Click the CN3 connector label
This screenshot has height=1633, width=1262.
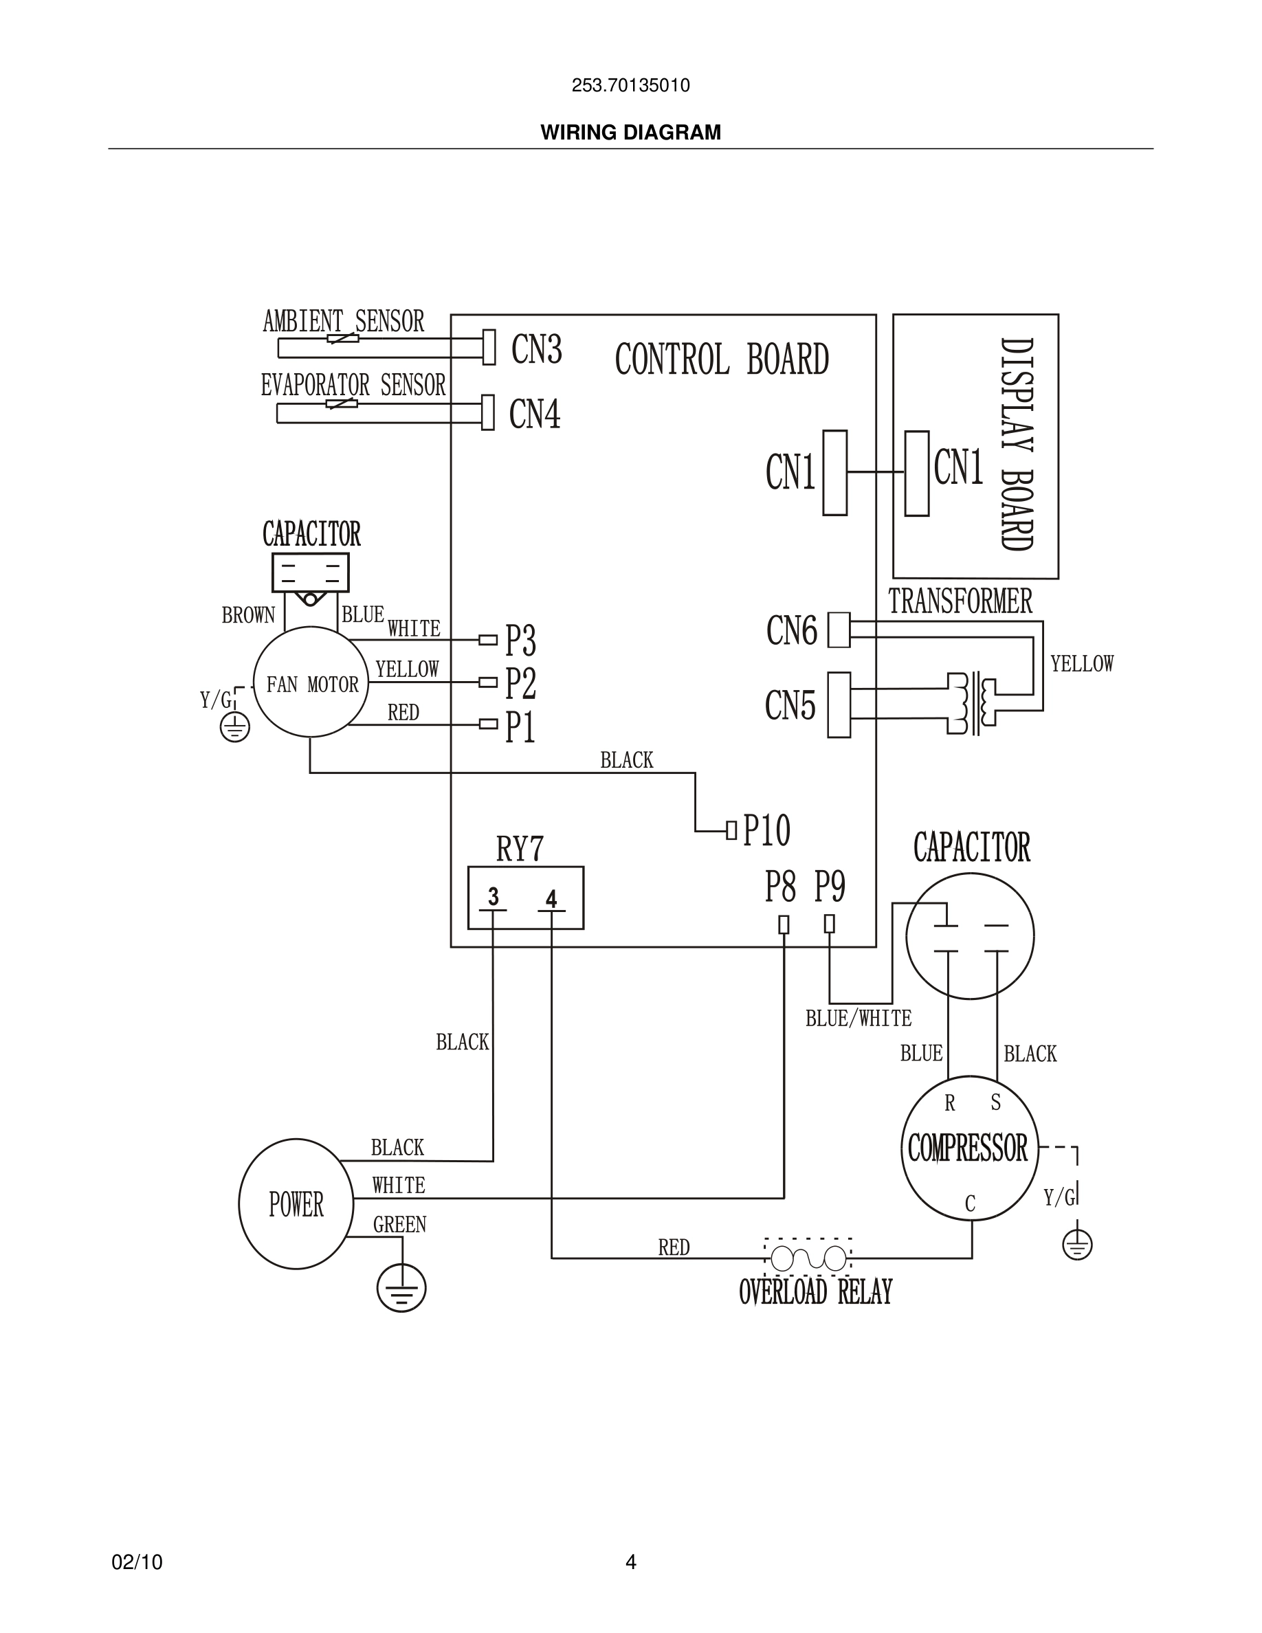click(536, 349)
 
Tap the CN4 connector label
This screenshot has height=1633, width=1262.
click(535, 414)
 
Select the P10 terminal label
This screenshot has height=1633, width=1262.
click(766, 830)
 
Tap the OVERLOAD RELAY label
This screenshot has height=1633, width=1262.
click(815, 1292)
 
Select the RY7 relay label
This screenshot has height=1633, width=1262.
click(520, 849)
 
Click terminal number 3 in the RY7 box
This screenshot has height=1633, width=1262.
click(494, 896)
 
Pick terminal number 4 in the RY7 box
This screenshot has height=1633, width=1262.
click(551, 899)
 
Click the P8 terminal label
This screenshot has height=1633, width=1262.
click(779, 887)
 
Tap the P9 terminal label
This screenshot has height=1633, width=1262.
click(829, 887)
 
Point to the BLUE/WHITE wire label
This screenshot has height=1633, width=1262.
click(859, 1019)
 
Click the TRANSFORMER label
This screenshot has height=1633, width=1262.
click(960, 602)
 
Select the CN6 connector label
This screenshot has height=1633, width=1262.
click(792, 630)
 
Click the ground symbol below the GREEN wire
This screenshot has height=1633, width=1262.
click(401, 1287)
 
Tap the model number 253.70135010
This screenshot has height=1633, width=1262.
click(630, 86)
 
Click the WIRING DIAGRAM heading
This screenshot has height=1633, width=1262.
click(630, 133)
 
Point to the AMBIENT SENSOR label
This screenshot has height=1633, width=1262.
click(343, 322)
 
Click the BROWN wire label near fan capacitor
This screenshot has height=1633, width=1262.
click(248, 615)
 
